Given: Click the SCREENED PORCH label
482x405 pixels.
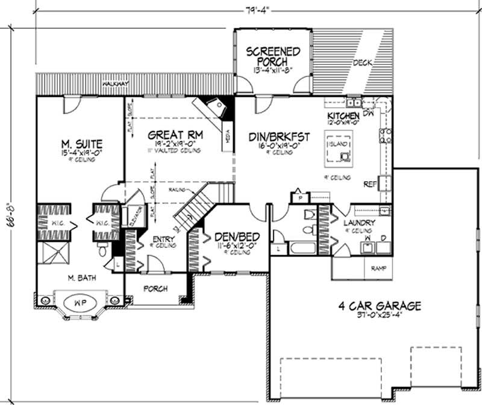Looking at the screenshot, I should click(x=272, y=57).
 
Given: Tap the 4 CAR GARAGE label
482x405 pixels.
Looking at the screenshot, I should click(x=379, y=306).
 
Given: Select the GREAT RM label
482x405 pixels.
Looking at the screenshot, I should click(x=171, y=136).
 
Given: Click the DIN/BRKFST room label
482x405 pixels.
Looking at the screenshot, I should click(x=279, y=138).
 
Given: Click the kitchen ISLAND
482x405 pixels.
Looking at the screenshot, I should click(x=339, y=154).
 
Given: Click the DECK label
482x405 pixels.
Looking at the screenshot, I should click(x=361, y=63).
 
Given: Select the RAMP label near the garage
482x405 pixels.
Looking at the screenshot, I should click(x=378, y=268).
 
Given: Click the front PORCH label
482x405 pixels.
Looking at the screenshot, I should click(x=155, y=289).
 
